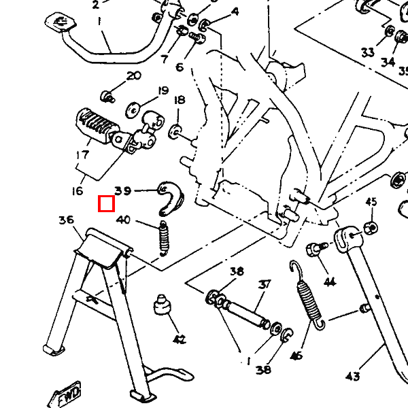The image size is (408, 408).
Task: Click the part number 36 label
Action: [66, 220]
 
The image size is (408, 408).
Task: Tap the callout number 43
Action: [353, 376]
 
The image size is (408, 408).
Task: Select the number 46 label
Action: [296, 355]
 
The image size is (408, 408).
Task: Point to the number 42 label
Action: [179, 339]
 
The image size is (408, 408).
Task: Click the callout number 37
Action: [265, 284]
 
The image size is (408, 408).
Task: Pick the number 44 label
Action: [330, 282]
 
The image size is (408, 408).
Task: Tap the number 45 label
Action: [371, 202]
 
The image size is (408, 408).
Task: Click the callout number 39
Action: [123, 191]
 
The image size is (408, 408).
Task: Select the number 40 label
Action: [123, 220]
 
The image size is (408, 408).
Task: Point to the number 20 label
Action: [133, 75]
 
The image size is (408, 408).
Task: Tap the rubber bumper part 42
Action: [162, 305]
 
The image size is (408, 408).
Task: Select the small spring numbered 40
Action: [163, 237]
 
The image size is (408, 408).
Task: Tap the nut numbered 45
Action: [371, 227]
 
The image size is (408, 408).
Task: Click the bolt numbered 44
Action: [315, 250]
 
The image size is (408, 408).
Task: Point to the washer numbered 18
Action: [175, 129]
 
